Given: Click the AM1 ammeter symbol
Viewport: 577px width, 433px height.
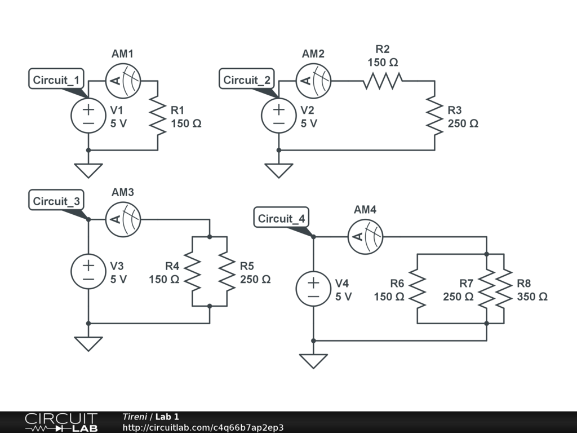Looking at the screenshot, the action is pyautogui.click(x=123, y=81).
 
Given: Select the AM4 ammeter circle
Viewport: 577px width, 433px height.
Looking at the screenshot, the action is pyautogui.click(x=365, y=237).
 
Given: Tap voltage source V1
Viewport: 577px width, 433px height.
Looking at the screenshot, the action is pyautogui.click(x=88, y=116).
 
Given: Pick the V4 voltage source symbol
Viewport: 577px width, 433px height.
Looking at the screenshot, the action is pyautogui.click(x=313, y=289).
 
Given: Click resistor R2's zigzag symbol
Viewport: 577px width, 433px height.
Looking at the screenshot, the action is pyautogui.click(x=383, y=81).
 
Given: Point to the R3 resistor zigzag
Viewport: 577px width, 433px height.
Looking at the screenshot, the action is pyautogui.click(x=434, y=116).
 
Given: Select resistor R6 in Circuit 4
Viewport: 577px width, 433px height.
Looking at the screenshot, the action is pyautogui.click(x=418, y=289).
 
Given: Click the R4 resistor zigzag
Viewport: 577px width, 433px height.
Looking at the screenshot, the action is pyautogui.click(x=192, y=271).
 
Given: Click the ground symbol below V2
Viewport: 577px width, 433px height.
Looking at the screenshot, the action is pyautogui.click(x=278, y=170).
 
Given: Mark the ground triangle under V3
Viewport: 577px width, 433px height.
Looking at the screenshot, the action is pyautogui.click(x=88, y=344).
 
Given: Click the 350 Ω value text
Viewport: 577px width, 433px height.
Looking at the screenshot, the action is pyautogui.click(x=532, y=297).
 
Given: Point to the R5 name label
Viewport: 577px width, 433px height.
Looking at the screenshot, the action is pyautogui.click(x=247, y=266).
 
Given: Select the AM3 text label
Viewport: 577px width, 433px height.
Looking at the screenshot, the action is pyautogui.click(x=123, y=192).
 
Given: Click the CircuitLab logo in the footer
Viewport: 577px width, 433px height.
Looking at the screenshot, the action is pyautogui.click(x=61, y=422).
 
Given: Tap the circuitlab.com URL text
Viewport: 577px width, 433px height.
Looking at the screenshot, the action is pyautogui.click(x=203, y=427).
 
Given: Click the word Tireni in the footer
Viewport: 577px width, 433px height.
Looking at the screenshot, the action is pyautogui.click(x=135, y=417).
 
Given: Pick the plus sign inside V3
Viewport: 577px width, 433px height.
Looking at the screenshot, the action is pyautogui.click(x=88, y=265).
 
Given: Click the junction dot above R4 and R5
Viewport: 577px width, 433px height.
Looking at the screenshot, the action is pyautogui.click(x=210, y=237).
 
